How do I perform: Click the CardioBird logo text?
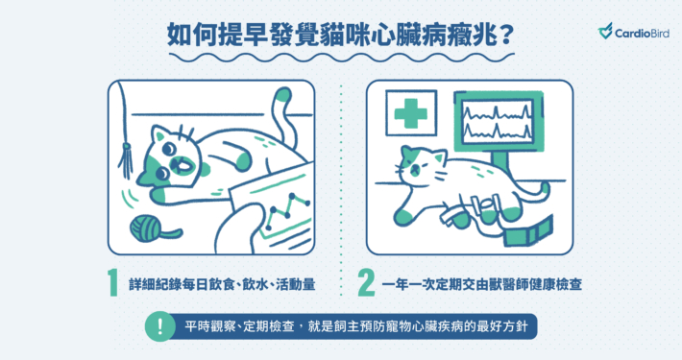[642, 33]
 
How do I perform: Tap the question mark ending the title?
[506, 35]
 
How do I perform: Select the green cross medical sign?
[410, 113]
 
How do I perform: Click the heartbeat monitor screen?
[498, 121]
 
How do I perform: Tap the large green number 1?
[113, 283]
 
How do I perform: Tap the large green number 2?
[366, 283]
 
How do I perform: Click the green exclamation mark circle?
[160, 325]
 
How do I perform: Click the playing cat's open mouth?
[181, 166]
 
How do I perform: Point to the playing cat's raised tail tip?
[283, 94]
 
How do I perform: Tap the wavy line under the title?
[341, 58]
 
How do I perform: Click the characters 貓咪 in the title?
[346, 35]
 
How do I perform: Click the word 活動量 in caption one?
[295, 285]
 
